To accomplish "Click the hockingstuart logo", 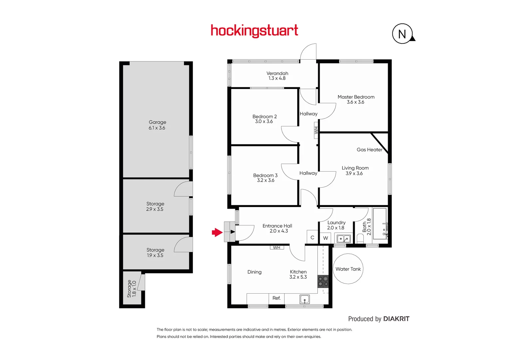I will pos(254,31).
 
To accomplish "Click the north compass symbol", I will pos(402,34).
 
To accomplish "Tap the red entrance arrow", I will pos(217,232).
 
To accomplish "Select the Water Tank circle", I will pos(348,269).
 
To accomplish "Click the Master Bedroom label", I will pos(356,97).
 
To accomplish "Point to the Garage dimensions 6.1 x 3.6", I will pos(157,128).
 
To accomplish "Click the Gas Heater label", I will pos(369,150).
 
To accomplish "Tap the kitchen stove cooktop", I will pos(323,281).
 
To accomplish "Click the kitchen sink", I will pos(304,299).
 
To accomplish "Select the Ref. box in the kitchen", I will pos(276,298).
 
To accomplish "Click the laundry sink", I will pos(343,239).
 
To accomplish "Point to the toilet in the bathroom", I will pos(360,238).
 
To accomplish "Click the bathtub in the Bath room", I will pos(379,224).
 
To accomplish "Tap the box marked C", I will pos(312,238).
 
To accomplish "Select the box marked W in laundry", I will pos(325,238).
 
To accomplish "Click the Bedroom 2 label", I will pos(264,117).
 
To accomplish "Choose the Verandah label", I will pos(277,73).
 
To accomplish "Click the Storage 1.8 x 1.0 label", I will pos(132,289).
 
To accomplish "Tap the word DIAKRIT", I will pos(396,319).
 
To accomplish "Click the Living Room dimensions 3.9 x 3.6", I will pos(354,173).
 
